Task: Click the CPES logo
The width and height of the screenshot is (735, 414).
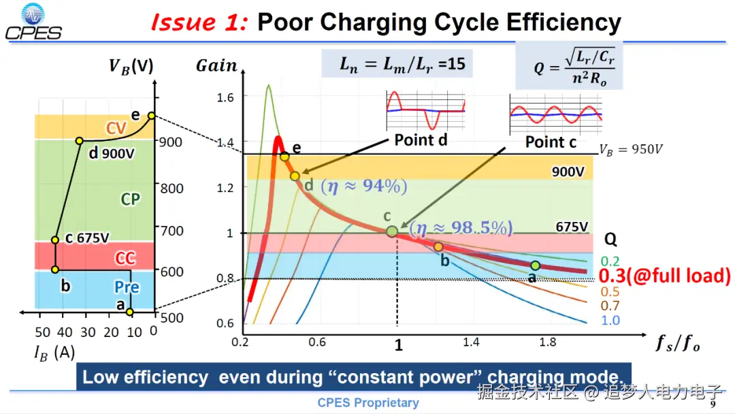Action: pos(33,22)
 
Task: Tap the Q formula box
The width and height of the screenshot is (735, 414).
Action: pos(569,66)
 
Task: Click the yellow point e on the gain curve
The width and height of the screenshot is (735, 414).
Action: pos(284,157)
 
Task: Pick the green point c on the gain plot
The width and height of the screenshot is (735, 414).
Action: pos(391,232)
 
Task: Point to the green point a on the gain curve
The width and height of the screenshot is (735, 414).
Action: pos(536,266)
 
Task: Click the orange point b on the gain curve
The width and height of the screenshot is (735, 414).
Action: pos(438,246)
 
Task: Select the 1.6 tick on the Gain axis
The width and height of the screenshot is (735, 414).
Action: pos(225,97)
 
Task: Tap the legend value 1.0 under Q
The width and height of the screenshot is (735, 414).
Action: pos(610,320)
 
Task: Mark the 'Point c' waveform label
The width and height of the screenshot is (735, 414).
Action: pos(551,142)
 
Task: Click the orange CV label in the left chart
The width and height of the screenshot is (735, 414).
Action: pos(116,128)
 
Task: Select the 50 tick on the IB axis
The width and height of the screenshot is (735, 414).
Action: pos(43,332)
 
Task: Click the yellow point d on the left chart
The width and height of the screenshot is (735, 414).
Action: pos(80,141)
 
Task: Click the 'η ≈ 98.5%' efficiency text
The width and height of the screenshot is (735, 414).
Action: pos(461,228)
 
